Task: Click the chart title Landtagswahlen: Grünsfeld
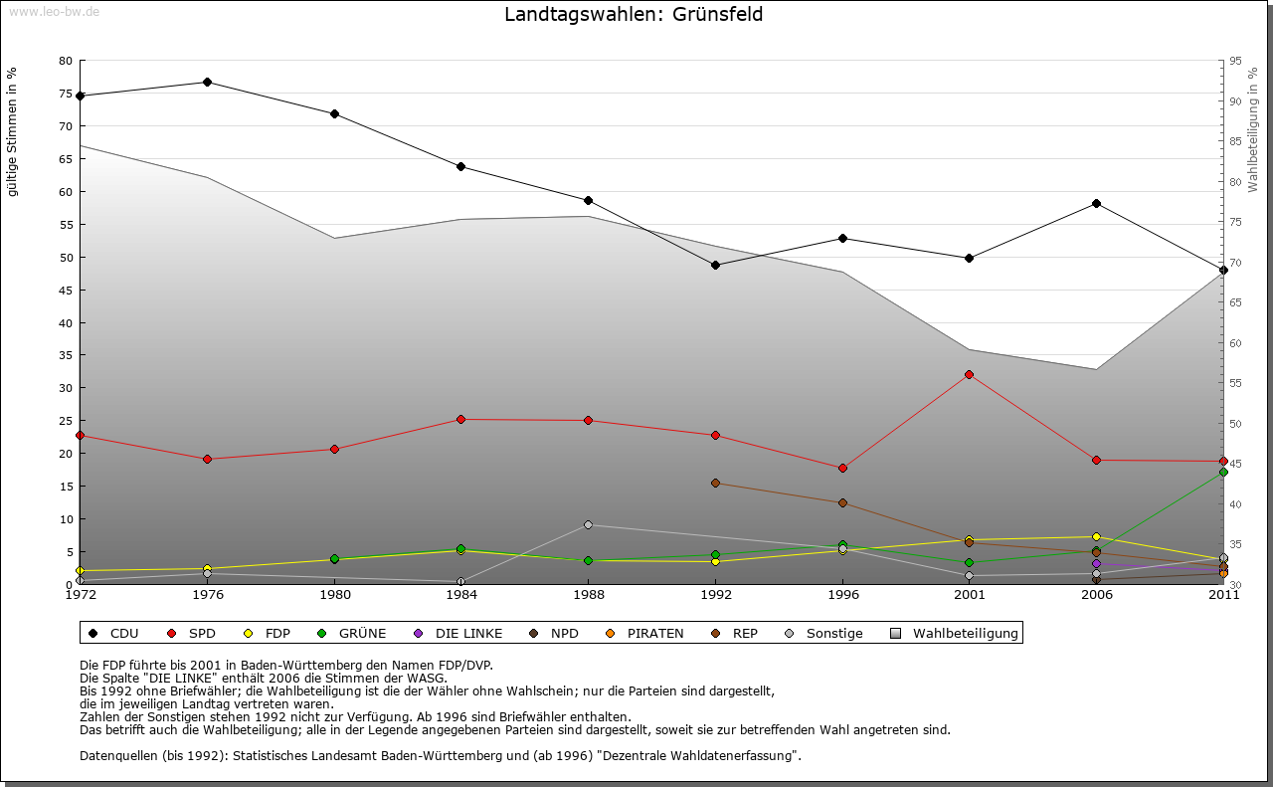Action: tap(634, 15)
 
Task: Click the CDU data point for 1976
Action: tap(207, 82)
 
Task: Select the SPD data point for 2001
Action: tap(969, 374)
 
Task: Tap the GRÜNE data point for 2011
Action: tap(1223, 472)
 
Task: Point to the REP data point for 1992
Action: tap(715, 483)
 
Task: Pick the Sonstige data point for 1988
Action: tap(588, 524)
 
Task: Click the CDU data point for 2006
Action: tap(1096, 203)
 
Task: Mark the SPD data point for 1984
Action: tap(460, 419)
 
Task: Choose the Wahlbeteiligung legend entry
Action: tap(956, 633)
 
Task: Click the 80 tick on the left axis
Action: tap(66, 61)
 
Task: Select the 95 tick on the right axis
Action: tap(1235, 61)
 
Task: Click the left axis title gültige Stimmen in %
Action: tap(13, 132)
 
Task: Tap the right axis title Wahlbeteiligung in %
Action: tap(1253, 129)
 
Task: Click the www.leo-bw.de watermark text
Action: tap(54, 11)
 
